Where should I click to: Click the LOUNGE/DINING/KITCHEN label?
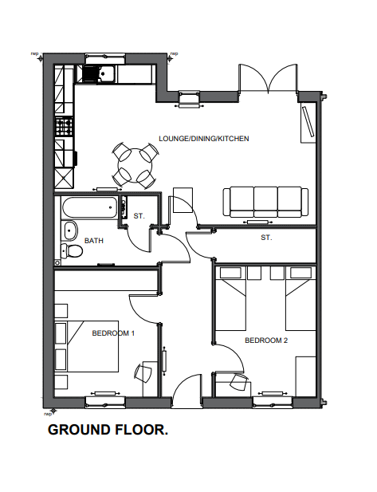coord(204,139)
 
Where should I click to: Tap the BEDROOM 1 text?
coord(113,333)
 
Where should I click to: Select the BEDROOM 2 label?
coord(266,340)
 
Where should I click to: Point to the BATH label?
coord(94,241)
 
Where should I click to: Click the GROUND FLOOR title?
coord(108,430)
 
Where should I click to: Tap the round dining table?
coord(135,165)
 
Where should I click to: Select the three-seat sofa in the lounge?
coord(265,202)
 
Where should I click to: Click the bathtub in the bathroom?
coord(89,207)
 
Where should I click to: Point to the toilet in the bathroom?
coord(72,250)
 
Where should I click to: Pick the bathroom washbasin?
coord(70,231)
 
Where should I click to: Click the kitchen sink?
coord(106,73)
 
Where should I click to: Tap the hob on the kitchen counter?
coord(65,127)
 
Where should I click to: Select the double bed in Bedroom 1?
coord(87,346)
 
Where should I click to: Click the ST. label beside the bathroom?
coord(139,216)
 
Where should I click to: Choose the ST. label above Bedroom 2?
coord(266,238)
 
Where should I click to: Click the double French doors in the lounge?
coord(268,78)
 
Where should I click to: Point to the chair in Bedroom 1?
coord(143,372)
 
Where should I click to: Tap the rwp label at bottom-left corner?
coord(47,415)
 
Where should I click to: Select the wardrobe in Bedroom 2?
coord(306,376)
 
